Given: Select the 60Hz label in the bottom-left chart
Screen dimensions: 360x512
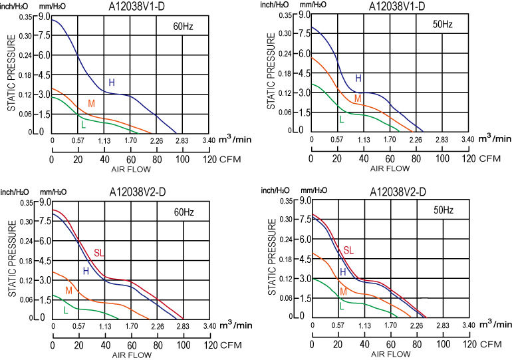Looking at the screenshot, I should click(x=184, y=212).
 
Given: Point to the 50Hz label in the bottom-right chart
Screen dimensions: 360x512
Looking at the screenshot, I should click(x=444, y=210).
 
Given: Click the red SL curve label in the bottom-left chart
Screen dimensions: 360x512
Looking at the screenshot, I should click(x=99, y=253).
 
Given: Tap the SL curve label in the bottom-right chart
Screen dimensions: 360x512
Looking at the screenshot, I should click(x=348, y=250).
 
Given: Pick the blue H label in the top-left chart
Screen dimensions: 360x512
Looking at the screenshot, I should click(x=112, y=83).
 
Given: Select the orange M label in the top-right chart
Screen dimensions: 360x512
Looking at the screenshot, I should click(x=358, y=98).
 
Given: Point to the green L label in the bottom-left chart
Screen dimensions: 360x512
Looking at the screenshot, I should click(x=65, y=310).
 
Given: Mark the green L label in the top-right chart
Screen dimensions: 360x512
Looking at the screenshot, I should click(x=342, y=120).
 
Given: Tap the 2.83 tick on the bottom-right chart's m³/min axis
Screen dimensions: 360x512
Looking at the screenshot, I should click(x=442, y=326).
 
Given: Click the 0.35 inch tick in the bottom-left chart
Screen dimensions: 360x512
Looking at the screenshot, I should click(x=26, y=202).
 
